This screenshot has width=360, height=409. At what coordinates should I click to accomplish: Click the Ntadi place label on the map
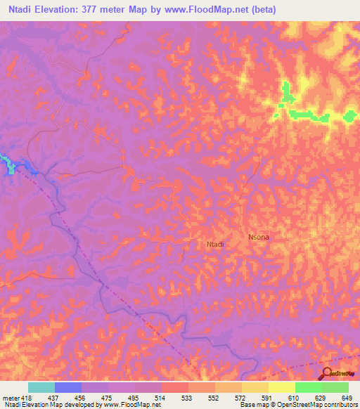pos(215,245)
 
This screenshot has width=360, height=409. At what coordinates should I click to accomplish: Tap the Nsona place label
pos(259,238)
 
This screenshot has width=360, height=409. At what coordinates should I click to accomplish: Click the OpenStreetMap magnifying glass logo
pos(326,373)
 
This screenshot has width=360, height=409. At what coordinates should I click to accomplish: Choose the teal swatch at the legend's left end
pos(41,387)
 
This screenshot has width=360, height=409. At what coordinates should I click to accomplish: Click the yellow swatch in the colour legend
pos(282,387)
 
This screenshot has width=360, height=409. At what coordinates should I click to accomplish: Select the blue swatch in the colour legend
pos(68,387)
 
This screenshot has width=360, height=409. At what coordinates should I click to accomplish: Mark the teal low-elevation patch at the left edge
pos(7,161)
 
